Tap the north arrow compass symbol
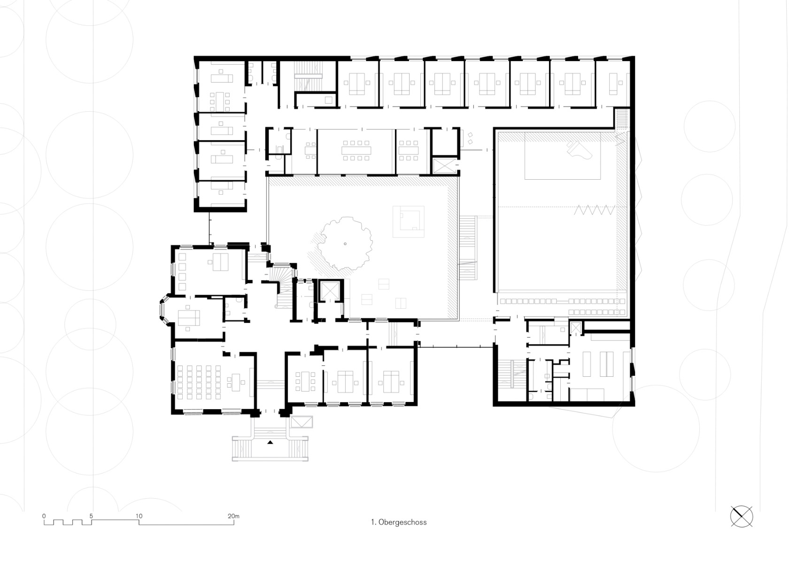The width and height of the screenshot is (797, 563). click(x=742, y=517)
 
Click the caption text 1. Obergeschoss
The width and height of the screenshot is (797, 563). click(x=398, y=522)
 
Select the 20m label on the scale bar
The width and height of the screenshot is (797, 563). click(x=233, y=516)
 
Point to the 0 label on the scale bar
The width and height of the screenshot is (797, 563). click(x=44, y=516)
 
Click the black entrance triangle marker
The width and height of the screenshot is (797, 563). click(x=270, y=442)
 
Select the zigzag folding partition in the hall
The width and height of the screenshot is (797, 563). click(x=595, y=210)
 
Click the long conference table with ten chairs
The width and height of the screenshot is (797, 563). click(x=357, y=150)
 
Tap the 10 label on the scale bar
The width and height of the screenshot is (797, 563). click(x=139, y=516)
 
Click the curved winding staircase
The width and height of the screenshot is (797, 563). click(x=283, y=284)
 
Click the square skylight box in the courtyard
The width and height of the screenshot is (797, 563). click(x=409, y=221)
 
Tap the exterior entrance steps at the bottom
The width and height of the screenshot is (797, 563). click(x=270, y=448)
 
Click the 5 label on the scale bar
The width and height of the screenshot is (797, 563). click(x=91, y=516)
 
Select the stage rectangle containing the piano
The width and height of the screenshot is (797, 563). click(x=563, y=156)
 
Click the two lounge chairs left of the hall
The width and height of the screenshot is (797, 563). click(x=470, y=137)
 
